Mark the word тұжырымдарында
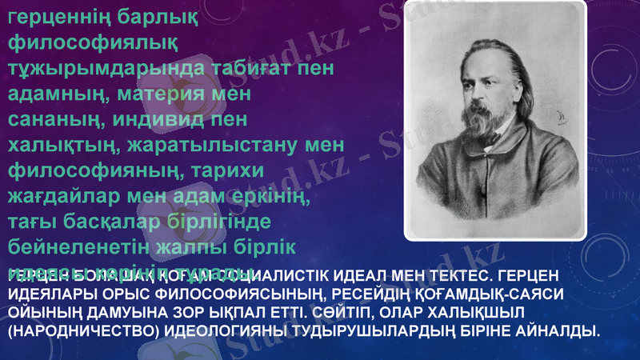[99, 69]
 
